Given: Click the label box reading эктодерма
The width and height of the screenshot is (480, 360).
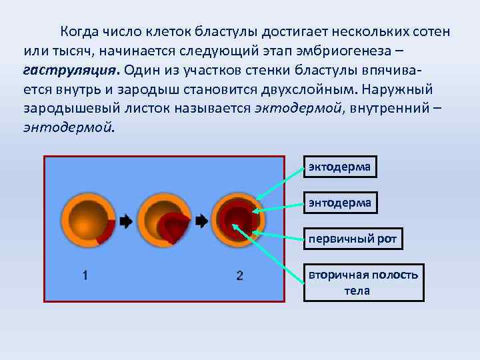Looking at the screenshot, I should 340,167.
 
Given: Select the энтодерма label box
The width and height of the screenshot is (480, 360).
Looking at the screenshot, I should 340,202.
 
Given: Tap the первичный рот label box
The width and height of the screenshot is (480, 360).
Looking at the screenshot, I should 354,239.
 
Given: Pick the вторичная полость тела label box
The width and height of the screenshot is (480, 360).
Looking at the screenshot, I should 363,283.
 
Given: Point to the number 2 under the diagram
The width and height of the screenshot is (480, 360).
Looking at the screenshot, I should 239,275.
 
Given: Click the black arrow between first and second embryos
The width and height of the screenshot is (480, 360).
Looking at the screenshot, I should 127,221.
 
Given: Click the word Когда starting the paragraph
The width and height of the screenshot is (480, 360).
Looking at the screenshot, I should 80,32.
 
